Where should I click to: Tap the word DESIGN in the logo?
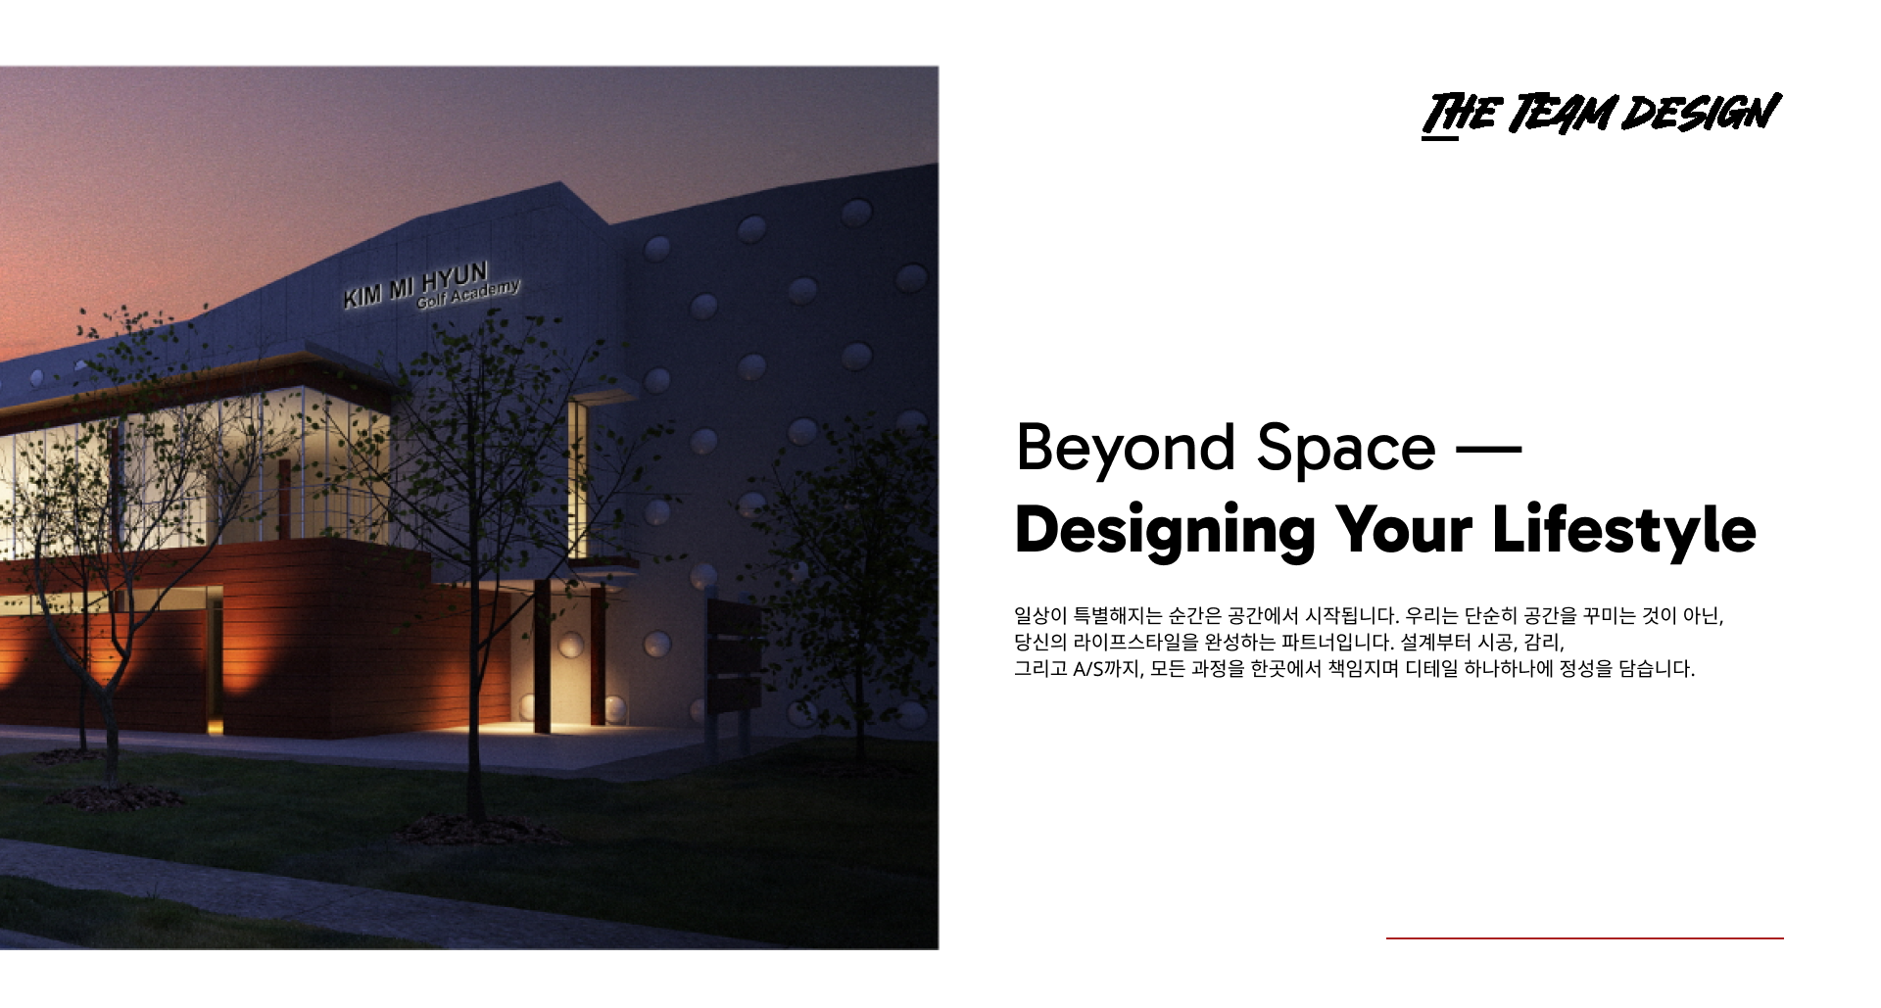pyautogui.click(x=1702, y=112)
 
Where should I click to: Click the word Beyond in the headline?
pyautogui.click(x=1126, y=449)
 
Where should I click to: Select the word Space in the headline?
pyautogui.click(x=1346, y=449)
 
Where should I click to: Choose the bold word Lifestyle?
pyautogui.click(x=1623, y=531)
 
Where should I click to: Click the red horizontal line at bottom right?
pyautogui.click(x=1584, y=937)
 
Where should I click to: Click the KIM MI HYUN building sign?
pyautogui.click(x=415, y=283)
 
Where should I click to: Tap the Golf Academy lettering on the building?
pyautogui.click(x=468, y=294)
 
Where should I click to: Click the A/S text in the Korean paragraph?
pyautogui.click(x=1087, y=669)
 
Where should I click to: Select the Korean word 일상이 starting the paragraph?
pyautogui.click(x=1040, y=615)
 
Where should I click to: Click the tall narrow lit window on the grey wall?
pyautogui.click(x=578, y=479)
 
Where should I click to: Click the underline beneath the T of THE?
pyautogui.click(x=1439, y=137)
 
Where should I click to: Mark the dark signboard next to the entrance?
pyautogui.click(x=734, y=655)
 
